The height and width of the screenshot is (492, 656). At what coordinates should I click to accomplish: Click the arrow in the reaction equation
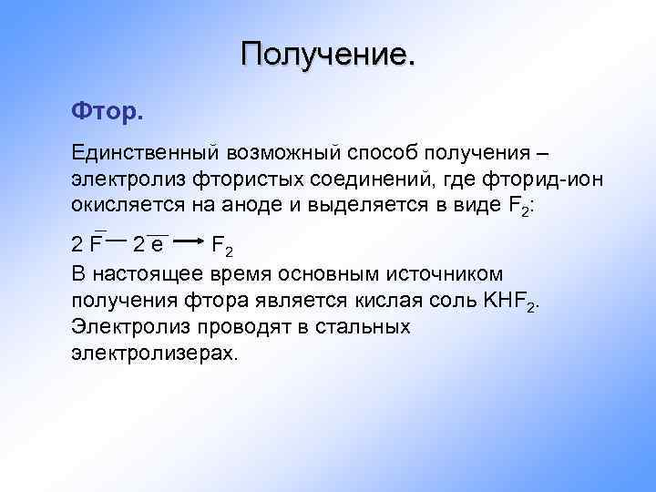click(x=187, y=242)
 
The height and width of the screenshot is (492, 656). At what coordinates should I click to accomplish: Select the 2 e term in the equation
click(x=149, y=244)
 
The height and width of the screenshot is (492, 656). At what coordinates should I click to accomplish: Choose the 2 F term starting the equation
click(x=87, y=244)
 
